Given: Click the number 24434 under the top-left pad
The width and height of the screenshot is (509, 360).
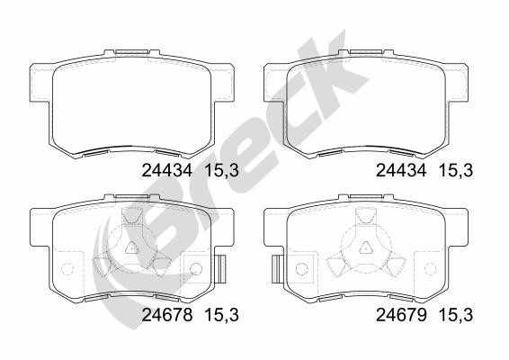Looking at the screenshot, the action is [167, 170].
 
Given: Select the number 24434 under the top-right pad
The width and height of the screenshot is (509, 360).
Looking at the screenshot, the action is [401, 170].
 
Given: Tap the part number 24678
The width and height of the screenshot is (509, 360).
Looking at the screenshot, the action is [167, 315].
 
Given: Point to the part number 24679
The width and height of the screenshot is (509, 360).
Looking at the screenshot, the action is [401, 315].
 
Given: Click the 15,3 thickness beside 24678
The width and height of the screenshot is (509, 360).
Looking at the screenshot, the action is [222, 315].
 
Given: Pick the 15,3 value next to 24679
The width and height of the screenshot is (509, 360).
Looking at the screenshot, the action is [456, 315].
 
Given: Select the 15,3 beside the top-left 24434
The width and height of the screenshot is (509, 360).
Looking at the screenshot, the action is [222, 170].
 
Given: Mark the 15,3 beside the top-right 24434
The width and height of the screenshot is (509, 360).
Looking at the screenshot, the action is [456, 170].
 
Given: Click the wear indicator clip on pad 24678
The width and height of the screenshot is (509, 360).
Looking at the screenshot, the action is [221, 269].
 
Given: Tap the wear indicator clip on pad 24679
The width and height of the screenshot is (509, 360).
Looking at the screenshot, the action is [277, 269].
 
